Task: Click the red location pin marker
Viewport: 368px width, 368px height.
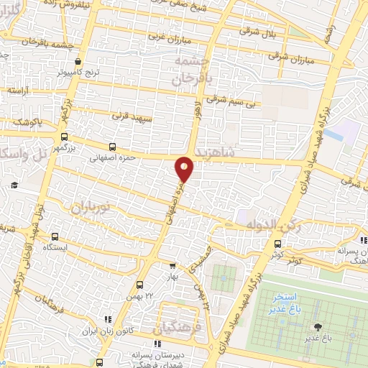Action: point(185,168)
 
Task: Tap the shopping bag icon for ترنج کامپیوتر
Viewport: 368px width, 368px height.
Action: point(78,62)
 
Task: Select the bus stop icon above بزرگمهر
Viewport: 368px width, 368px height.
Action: point(64,137)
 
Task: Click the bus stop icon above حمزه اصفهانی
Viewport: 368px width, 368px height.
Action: point(111,146)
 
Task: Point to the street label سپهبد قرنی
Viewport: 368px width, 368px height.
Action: point(129,114)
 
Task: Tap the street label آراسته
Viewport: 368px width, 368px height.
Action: point(17,91)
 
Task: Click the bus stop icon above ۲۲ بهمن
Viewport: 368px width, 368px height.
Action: point(140,284)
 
